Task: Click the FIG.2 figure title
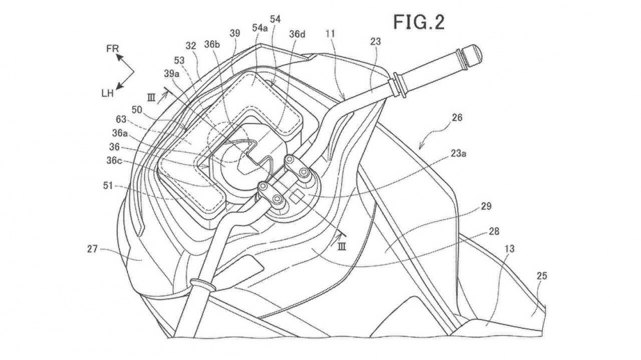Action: coord(419,22)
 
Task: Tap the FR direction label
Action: coord(112,49)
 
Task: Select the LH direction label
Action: coord(108,93)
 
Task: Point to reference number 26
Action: coord(457,118)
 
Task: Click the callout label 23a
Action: coord(459,154)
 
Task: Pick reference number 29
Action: coord(486,206)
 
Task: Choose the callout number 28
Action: coord(494,231)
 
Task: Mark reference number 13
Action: coord(510,249)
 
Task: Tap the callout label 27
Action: coord(92,248)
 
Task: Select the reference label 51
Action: coord(108,186)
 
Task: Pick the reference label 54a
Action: coord(260,28)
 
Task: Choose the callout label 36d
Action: coord(297,35)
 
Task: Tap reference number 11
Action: coord(330,35)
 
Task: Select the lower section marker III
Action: coord(342,246)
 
